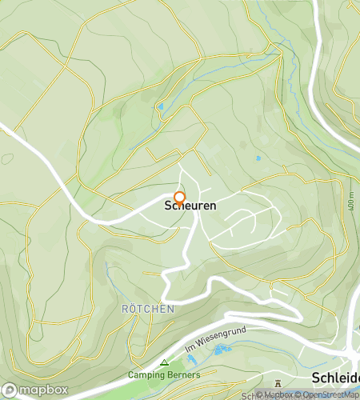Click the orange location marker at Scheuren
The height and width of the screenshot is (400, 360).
[180, 198]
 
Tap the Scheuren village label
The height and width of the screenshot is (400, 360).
[190, 206]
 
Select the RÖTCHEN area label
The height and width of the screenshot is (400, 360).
[147, 308]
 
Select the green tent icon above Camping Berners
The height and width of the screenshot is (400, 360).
[165, 362]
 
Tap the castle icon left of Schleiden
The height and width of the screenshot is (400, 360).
[278, 382]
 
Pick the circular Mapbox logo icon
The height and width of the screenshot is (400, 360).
[11, 390]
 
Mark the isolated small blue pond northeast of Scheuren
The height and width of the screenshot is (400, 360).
[258, 158]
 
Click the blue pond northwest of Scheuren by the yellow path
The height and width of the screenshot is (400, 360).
[160, 106]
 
